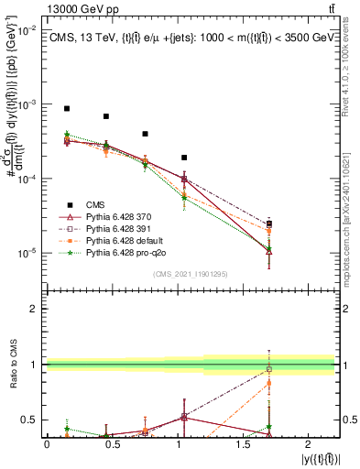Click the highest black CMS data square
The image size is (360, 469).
coord(67,108)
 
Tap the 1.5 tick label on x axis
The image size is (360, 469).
coord(243,443)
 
